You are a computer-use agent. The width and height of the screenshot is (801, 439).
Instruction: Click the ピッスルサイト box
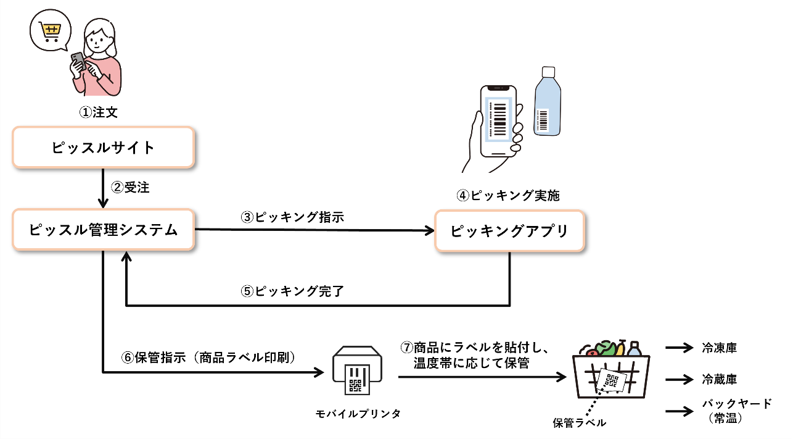click(x=104, y=148)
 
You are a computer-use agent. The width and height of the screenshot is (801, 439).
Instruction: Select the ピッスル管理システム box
click(x=104, y=230)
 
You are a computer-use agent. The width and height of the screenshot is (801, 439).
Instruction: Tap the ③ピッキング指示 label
click(x=292, y=217)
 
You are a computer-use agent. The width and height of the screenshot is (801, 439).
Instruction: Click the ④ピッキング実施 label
click(x=508, y=196)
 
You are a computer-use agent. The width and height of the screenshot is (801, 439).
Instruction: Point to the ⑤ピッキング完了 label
click(x=292, y=291)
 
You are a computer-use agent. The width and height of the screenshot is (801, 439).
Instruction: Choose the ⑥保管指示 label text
click(x=210, y=359)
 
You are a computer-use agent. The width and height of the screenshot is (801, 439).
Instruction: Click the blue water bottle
click(x=547, y=102)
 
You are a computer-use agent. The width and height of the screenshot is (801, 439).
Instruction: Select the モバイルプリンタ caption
click(x=357, y=414)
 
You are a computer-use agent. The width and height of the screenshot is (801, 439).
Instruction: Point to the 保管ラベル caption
click(x=580, y=423)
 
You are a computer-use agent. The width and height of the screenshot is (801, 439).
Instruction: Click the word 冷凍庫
click(x=719, y=348)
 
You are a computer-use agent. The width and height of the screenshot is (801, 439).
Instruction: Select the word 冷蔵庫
click(x=719, y=379)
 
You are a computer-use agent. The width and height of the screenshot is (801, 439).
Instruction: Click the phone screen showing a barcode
click(x=498, y=119)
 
